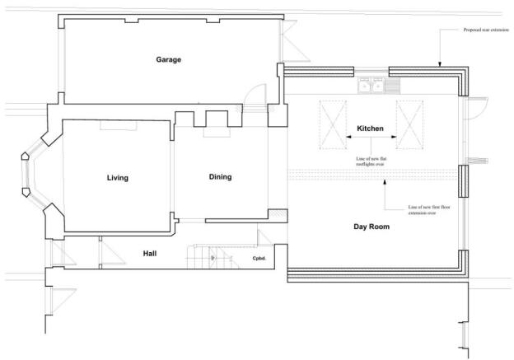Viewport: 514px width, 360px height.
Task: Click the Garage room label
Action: (x=169, y=59)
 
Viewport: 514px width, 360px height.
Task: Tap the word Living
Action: (x=117, y=178)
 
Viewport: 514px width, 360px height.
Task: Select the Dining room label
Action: (x=220, y=177)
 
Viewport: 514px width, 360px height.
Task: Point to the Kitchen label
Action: (x=370, y=129)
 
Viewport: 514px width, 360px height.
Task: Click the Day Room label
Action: (x=371, y=227)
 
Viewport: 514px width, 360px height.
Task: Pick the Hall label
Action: (x=150, y=254)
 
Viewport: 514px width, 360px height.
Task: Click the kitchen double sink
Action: (x=371, y=85)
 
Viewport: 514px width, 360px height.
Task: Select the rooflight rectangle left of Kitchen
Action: (x=332, y=124)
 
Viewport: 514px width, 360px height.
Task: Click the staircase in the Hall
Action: (x=210, y=256)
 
